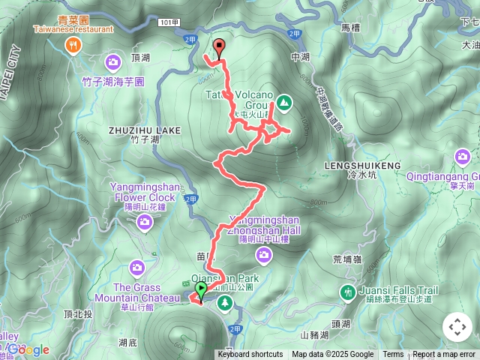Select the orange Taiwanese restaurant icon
coord(73,46)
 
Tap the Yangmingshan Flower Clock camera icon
coord(144,220)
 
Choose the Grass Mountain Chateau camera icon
coord(136,267)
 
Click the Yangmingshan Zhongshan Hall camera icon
coord(263,256)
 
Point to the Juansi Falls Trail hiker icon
coord(347,292)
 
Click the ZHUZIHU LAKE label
coord(144,130)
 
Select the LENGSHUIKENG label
coord(361,164)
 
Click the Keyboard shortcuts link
coord(250,355)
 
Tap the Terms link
coord(393,355)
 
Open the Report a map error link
coord(444,355)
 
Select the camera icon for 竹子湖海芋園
coord(114,61)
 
